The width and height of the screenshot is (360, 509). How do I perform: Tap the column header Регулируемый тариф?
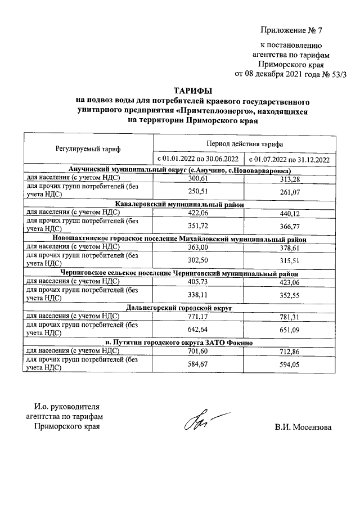[88, 149]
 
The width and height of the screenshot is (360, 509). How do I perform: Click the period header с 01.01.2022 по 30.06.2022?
[197, 160]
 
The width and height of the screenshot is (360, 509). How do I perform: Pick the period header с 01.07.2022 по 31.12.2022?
[290, 160]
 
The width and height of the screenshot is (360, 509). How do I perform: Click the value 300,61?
[198, 178]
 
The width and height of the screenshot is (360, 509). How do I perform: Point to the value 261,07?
[290, 193]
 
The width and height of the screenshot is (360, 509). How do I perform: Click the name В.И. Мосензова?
[304, 427]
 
